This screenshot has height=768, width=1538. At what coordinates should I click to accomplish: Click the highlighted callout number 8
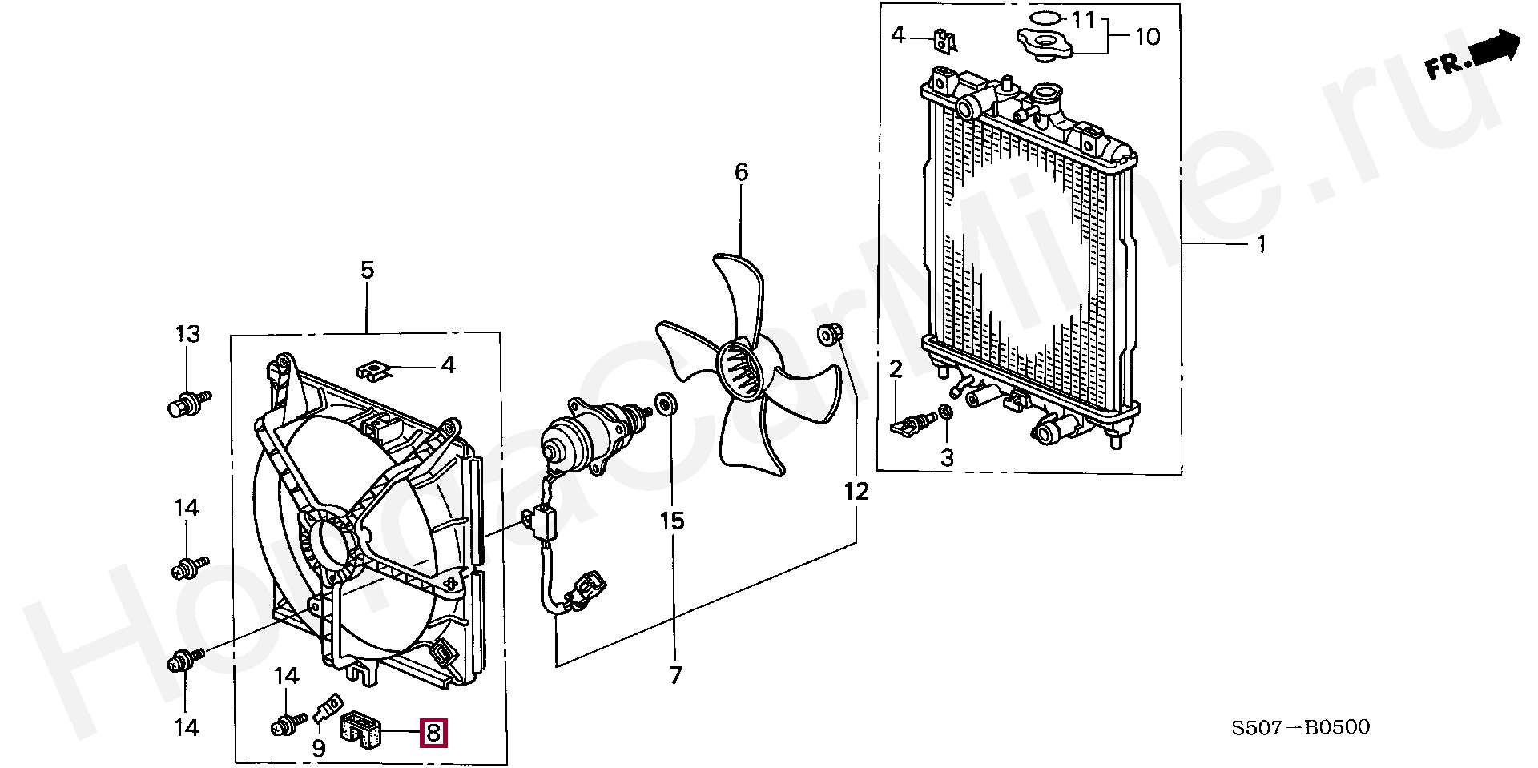[x=433, y=732]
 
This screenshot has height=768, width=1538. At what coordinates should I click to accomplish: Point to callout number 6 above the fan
[x=741, y=171]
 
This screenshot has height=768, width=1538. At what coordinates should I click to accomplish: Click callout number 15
[x=672, y=521]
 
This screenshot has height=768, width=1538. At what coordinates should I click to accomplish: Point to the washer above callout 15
[x=665, y=405]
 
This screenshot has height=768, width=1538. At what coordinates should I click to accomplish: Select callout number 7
[x=675, y=675]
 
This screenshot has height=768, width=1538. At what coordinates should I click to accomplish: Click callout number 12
[x=856, y=490]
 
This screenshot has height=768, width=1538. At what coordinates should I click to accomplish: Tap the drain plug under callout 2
[x=913, y=424]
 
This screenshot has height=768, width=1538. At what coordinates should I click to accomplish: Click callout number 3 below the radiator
[x=947, y=458]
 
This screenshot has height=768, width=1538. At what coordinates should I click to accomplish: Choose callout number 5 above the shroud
[x=367, y=270]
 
